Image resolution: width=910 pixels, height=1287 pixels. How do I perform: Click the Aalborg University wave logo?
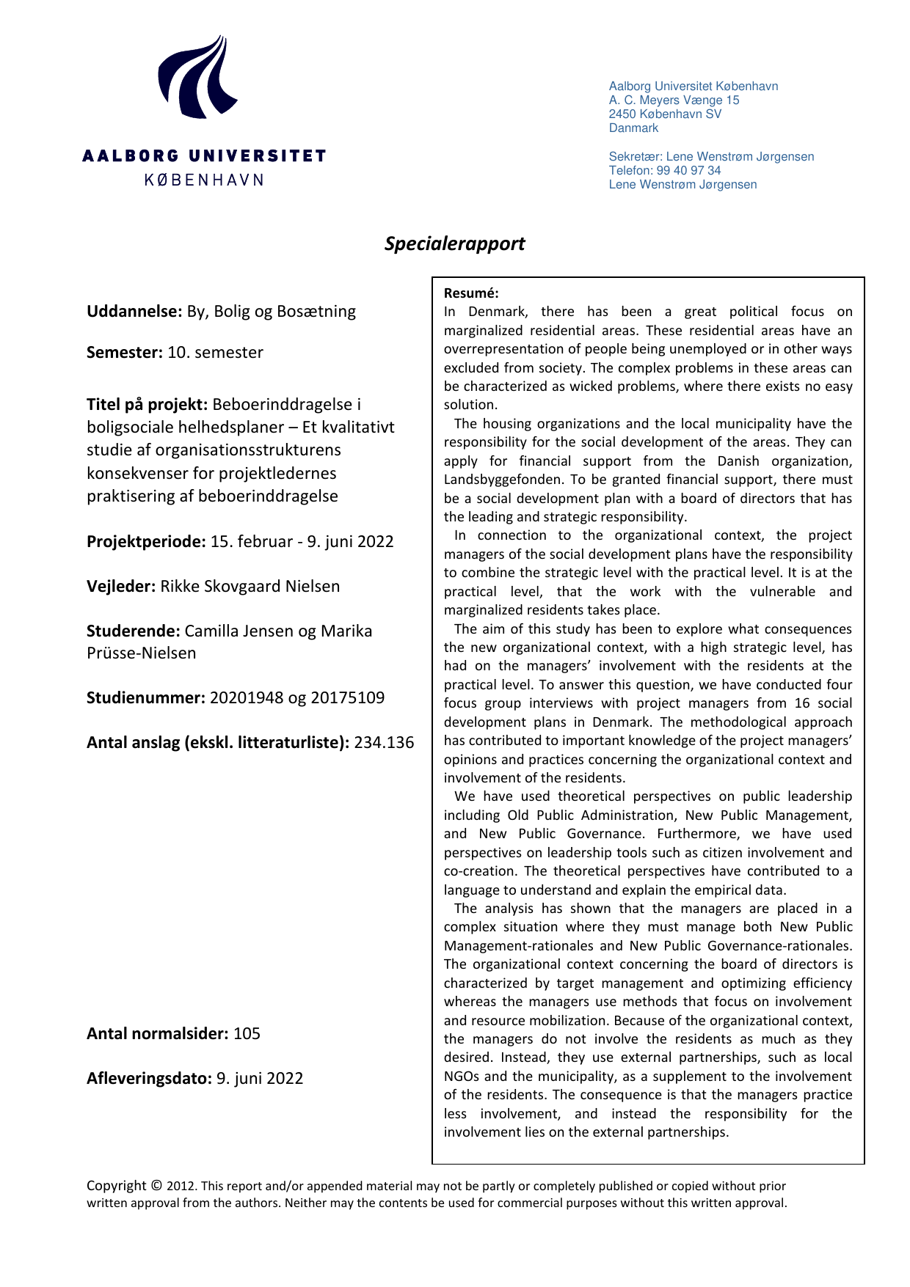point(197,78)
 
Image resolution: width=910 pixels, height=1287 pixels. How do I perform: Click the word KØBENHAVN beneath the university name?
point(204,180)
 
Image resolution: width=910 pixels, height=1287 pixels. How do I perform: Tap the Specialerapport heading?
point(454,243)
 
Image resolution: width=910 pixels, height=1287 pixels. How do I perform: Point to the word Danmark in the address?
point(633,128)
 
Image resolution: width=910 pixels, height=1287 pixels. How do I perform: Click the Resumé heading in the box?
point(471,293)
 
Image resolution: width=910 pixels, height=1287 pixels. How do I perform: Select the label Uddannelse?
point(134,311)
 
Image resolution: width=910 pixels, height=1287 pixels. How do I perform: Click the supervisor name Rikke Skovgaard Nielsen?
point(250,586)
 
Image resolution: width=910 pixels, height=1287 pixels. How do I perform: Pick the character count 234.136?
point(384,742)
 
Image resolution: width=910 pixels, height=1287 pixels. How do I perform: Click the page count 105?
point(247,1033)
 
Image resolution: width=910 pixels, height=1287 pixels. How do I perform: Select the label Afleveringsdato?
point(149,1078)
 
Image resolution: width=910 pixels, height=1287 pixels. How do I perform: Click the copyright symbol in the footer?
point(156,1185)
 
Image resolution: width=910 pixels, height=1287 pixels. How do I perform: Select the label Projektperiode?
point(146,541)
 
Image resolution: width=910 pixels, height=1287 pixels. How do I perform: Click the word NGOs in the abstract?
point(462,1077)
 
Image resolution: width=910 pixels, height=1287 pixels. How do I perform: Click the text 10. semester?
point(215,352)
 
